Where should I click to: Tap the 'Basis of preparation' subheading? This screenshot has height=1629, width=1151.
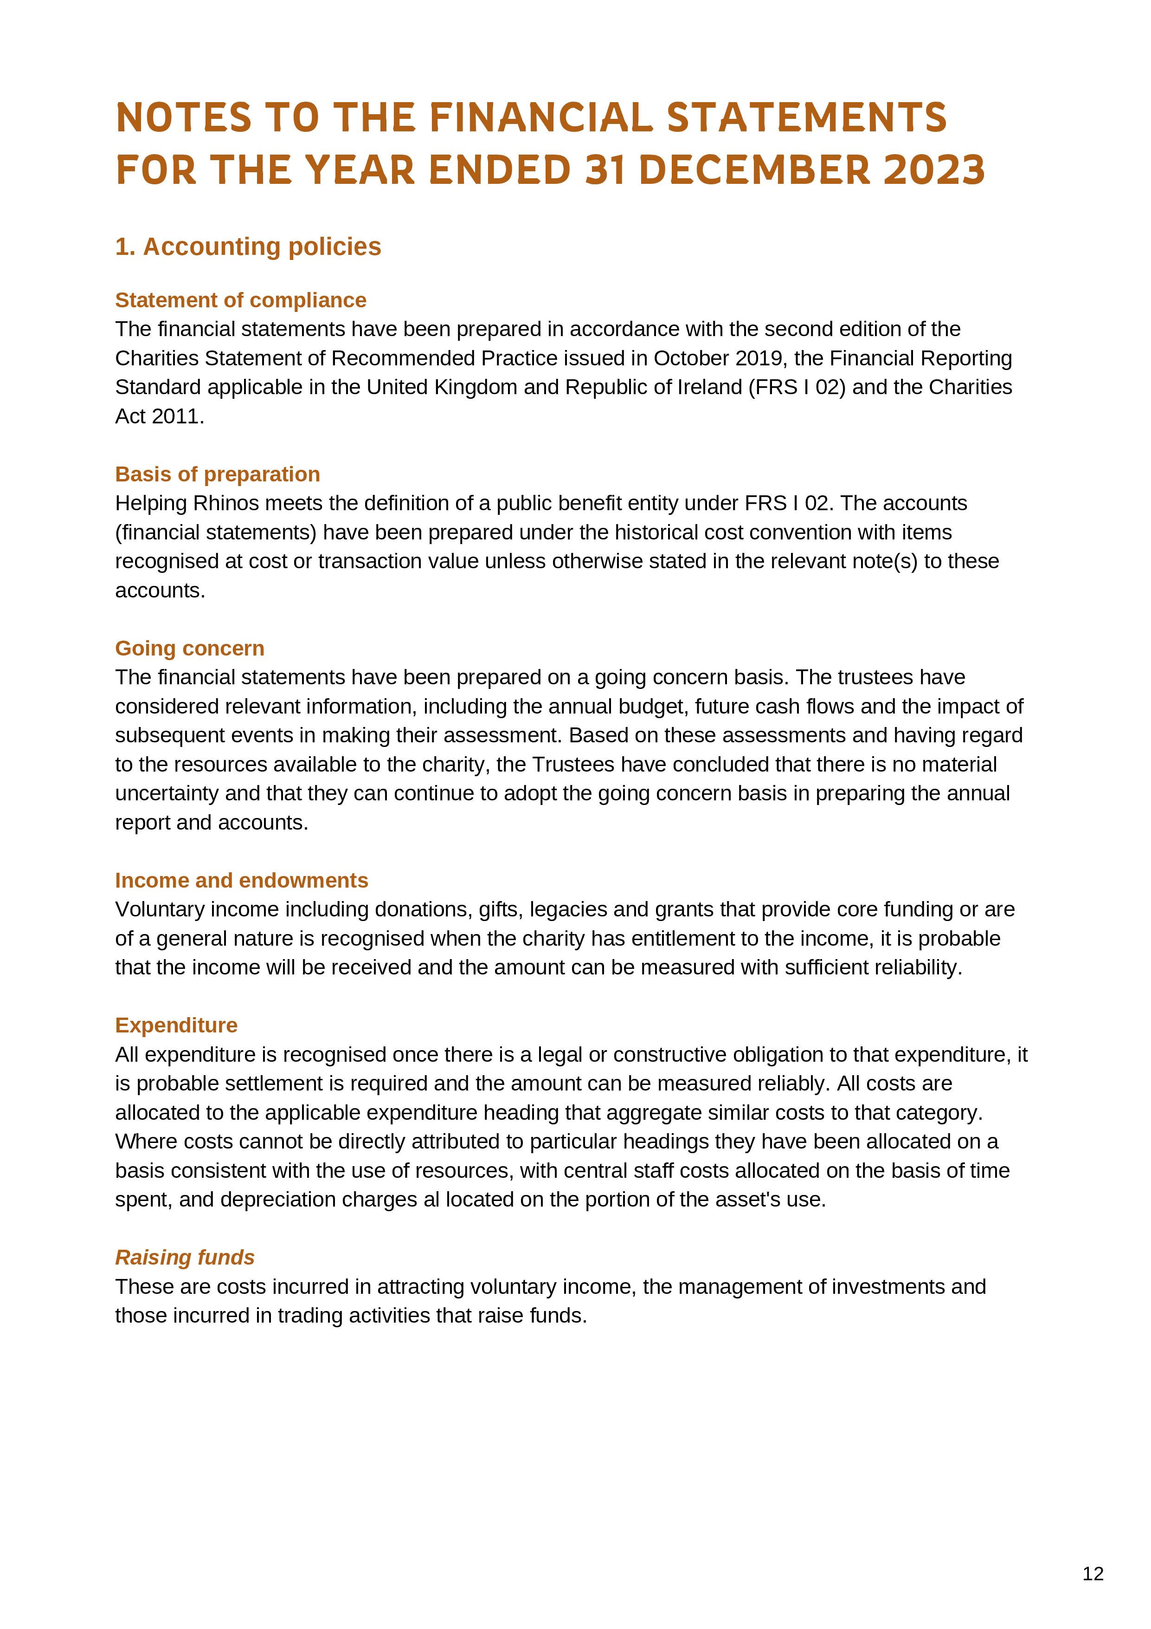click(x=217, y=474)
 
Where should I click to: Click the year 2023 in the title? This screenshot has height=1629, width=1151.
click(x=934, y=170)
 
